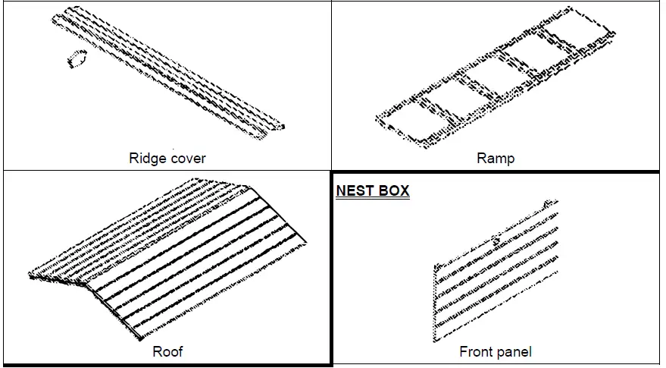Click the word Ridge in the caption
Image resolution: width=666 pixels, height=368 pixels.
coord(145,159)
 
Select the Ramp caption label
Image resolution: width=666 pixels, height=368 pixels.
coord(496,159)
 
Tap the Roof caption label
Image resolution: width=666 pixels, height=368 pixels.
coord(167,351)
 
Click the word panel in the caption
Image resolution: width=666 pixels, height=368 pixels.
coord(515,352)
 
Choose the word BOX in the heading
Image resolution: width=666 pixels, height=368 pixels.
coord(393,190)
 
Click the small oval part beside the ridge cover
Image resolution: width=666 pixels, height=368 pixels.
coord(76,58)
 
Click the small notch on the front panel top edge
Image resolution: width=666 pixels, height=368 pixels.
coord(496,240)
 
